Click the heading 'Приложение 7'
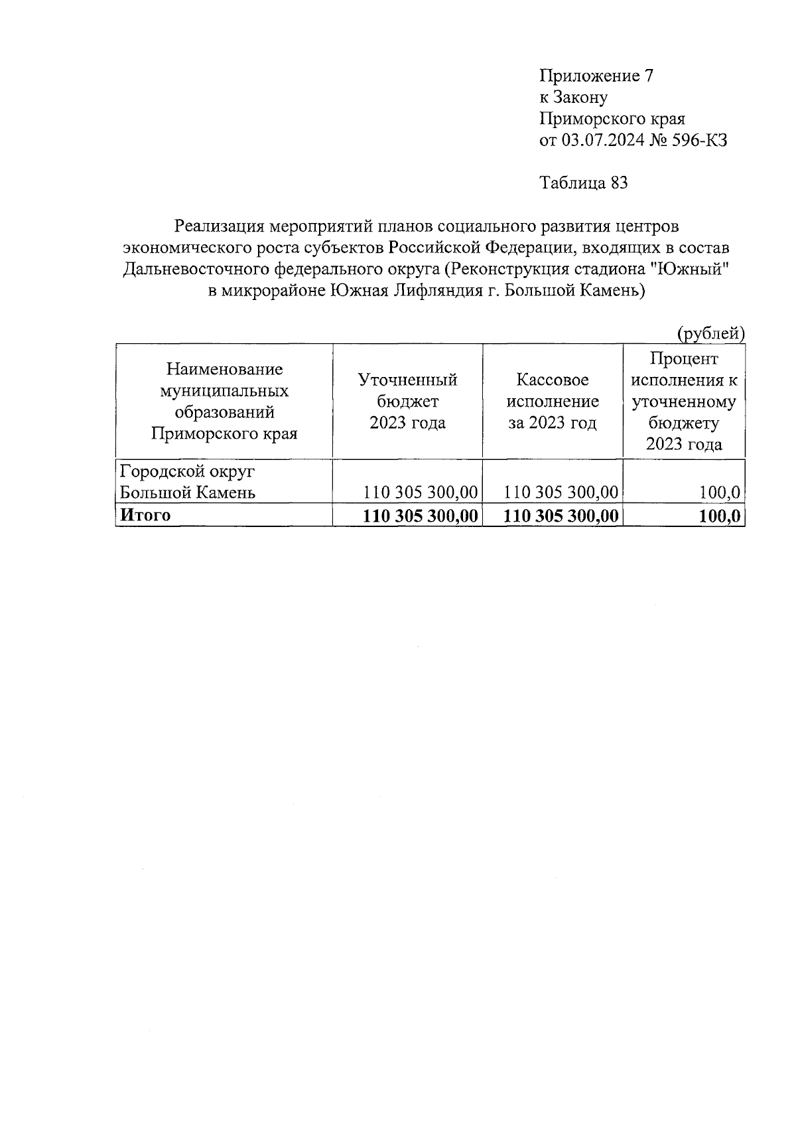596,76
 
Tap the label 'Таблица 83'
584,183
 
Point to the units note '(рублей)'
710,333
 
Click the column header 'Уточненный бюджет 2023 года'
407,401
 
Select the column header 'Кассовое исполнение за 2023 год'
552,401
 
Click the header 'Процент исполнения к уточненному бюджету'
683,401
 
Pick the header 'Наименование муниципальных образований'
224,401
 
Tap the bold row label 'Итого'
144,515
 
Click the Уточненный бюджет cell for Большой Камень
421,492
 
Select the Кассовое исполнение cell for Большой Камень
561,492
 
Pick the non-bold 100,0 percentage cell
719,492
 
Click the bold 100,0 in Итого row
719,516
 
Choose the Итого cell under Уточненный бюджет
421,516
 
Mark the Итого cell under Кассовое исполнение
561,516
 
